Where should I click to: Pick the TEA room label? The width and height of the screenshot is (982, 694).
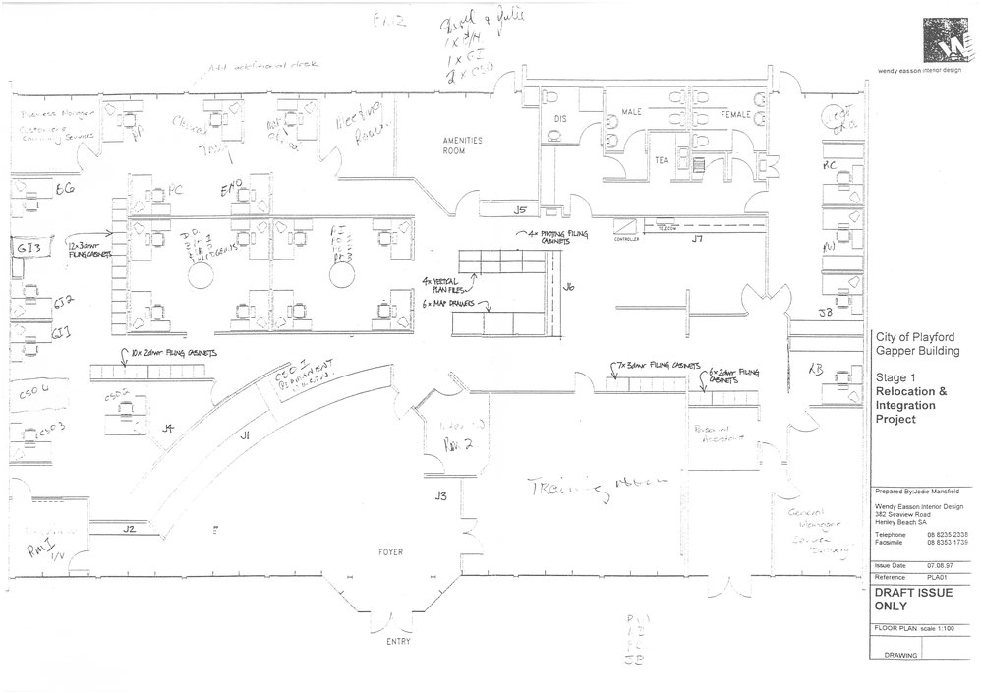664,158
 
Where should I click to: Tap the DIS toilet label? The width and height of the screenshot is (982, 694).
561,119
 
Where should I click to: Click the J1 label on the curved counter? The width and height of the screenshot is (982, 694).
245,434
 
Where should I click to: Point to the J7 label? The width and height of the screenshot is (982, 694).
697,239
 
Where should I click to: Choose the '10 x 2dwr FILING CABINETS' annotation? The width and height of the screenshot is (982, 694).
168,352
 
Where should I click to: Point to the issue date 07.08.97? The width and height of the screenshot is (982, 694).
939,566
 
